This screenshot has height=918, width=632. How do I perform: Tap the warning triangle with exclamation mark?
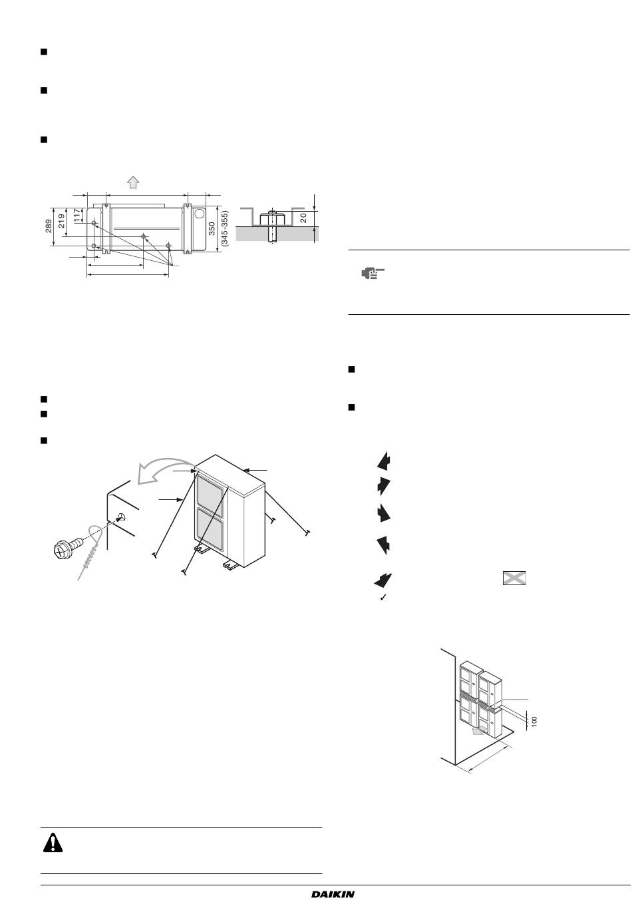click(x=53, y=843)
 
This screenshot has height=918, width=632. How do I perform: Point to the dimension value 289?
click(x=49, y=226)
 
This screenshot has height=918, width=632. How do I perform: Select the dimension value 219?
click(x=61, y=221)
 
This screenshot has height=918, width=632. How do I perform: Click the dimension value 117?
click(x=77, y=215)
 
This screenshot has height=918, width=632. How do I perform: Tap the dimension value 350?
click(x=212, y=229)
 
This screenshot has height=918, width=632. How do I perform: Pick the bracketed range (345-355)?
click(x=224, y=228)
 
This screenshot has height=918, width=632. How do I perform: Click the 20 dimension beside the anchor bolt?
click(x=303, y=218)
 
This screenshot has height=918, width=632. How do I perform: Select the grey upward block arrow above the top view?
click(x=133, y=182)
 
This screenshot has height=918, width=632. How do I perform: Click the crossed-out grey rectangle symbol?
click(x=514, y=578)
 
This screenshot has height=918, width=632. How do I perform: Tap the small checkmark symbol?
click(x=383, y=598)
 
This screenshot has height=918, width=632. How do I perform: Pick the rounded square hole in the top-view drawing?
click(x=200, y=214)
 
